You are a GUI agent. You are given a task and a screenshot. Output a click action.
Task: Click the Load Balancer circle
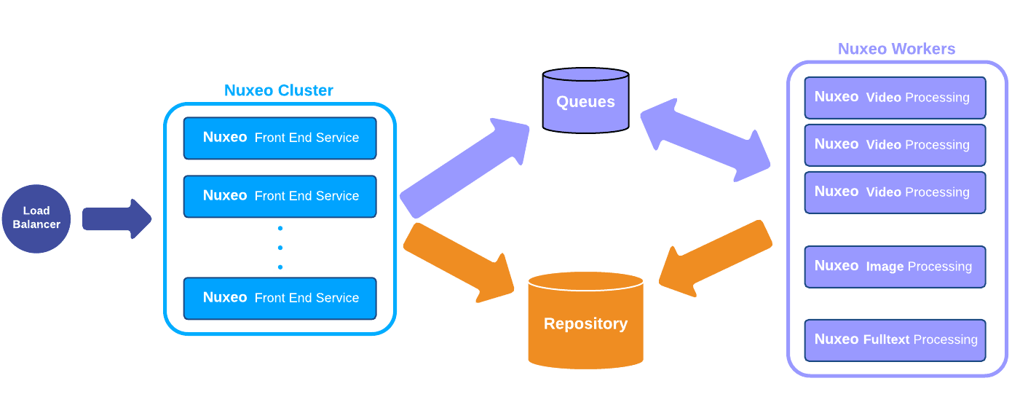[x=36, y=219]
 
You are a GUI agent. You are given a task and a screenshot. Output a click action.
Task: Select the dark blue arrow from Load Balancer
[x=116, y=219]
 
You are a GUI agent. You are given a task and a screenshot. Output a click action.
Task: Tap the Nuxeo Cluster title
[x=278, y=90]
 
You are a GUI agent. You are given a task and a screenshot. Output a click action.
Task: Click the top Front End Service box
[x=280, y=138]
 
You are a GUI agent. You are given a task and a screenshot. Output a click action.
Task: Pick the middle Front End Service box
[x=280, y=196]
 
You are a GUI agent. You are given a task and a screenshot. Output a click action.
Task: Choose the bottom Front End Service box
[x=280, y=298]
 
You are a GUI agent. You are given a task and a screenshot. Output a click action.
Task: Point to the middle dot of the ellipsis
[x=280, y=248]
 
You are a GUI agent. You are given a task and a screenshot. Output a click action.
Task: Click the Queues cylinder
[x=585, y=101]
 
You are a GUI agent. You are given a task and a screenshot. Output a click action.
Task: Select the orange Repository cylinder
[x=585, y=321]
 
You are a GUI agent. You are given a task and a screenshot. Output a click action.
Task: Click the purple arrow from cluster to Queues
[x=464, y=168]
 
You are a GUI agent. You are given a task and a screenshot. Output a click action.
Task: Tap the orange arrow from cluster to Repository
[x=459, y=262]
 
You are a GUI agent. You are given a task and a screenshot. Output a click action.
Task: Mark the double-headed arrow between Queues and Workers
[x=705, y=140]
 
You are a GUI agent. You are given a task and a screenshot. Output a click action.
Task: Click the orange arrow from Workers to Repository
[x=716, y=259]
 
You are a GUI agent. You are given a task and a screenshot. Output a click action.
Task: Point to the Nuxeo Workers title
[x=896, y=49]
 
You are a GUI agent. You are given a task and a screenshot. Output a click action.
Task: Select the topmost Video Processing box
[x=895, y=98]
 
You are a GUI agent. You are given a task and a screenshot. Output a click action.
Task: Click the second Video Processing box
[x=895, y=145]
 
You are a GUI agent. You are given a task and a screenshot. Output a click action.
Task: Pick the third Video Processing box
[x=895, y=192]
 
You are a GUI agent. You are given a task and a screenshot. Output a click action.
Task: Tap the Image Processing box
[x=895, y=267]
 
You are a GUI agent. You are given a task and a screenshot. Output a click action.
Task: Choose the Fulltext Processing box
[x=895, y=340]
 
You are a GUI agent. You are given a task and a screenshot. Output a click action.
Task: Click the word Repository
[x=585, y=324]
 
